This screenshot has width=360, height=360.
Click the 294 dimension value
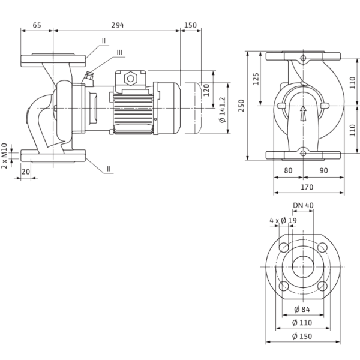click(x=118, y=25)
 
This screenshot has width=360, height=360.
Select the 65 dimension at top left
click(x=37, y=25)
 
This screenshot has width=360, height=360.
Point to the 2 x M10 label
click(x=4, y=156)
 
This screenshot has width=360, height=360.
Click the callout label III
click(x=119, y=53)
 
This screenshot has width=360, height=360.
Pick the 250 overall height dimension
click(x=241, y=106)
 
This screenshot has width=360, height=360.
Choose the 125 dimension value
click(x=256, y=79)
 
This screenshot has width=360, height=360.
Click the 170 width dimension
click(x=307, y=187)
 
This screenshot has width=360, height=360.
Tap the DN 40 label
click(x=303, y=205)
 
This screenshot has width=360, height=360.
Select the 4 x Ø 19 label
click(x=283, y=221)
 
